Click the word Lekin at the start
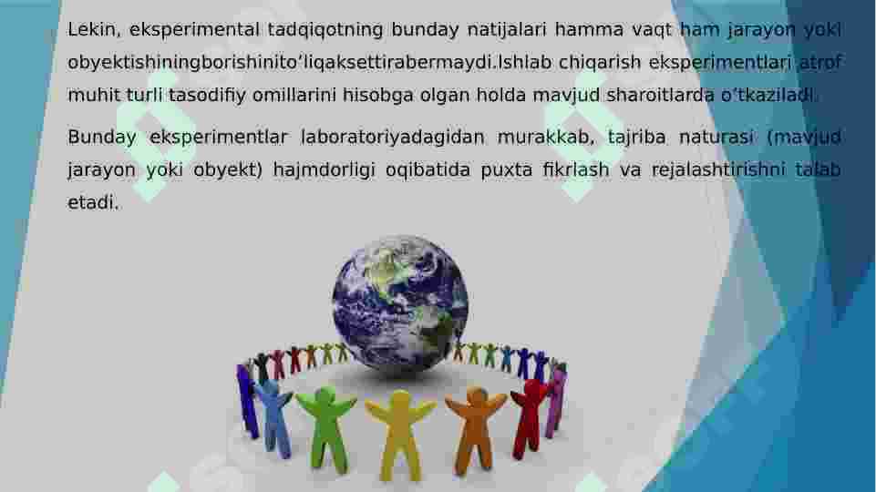[x=93, y=30]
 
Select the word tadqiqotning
[x=325, y=30]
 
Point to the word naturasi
[x=714, y=138]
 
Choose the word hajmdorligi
[x=321, y=170]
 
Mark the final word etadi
[x=93, y=203]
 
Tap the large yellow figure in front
[x=401, y=434]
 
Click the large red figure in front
[x=530, y=415]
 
